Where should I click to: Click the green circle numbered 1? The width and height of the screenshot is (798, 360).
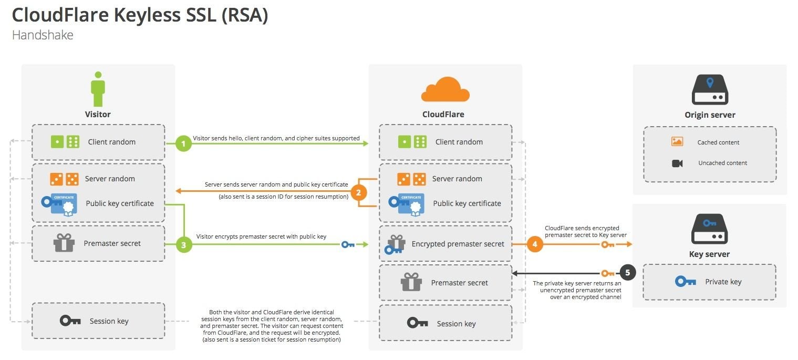pos(183,143)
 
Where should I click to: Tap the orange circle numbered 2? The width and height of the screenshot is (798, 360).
pos(358,193)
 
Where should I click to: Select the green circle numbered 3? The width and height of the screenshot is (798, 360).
pos(183,245)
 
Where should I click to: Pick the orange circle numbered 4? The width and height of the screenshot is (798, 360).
pos(535,244)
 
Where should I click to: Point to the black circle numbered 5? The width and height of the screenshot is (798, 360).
pos(628,273)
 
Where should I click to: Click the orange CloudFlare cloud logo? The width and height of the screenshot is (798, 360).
pos(445,89)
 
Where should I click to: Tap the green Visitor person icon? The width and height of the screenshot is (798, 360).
pos(98,89)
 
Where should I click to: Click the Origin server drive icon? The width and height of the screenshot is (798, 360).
pos(710,89)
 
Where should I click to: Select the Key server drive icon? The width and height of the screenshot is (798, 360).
pos(710,229)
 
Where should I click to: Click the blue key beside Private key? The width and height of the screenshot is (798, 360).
pos(686,282)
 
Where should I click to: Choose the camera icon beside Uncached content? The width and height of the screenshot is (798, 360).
pos(677,163)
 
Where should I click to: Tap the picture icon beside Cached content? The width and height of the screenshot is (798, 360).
pos(677,141)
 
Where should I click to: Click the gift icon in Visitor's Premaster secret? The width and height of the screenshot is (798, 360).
pos(64,243)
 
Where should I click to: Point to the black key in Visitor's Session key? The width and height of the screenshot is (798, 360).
pos(70,321)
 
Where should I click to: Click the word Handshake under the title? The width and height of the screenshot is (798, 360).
pos(43,35)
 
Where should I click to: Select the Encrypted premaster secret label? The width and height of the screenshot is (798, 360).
pos(458,244)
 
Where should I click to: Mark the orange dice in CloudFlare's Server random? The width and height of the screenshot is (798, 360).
pos(411,179)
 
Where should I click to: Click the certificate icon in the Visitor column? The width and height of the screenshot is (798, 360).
pos(59,204)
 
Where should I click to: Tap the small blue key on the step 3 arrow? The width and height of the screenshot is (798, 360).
pos(348,244)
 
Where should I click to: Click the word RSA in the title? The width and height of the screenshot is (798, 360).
pos(245,15)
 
